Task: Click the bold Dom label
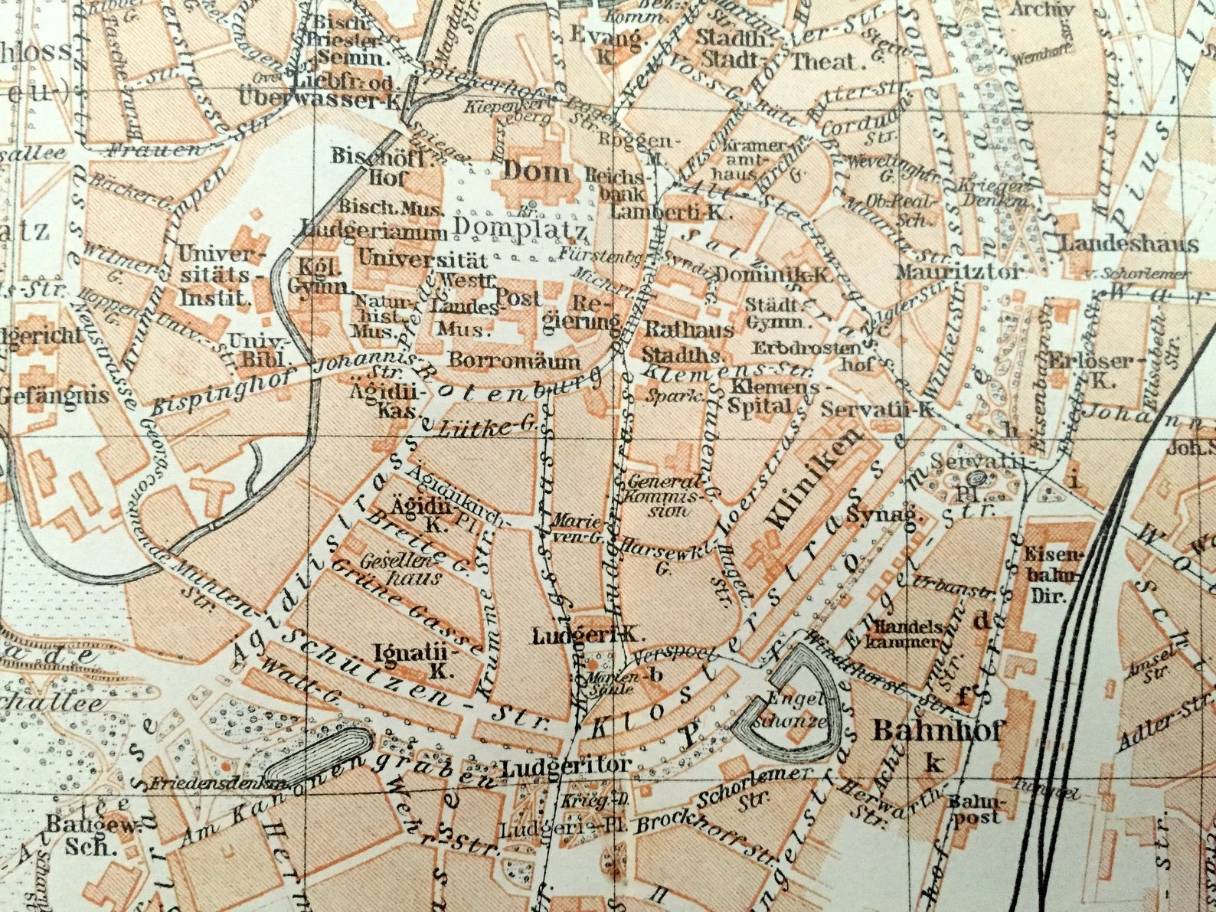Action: click(535, 172)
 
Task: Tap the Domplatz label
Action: click(520, 227)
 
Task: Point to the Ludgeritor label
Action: click(567, 765)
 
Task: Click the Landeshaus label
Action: click(1128, 244)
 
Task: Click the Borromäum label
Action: click(515, 360)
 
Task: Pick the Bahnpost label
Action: click(973, 809)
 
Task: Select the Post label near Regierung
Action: click(518, 296)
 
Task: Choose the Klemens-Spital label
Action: click(773, 396)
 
